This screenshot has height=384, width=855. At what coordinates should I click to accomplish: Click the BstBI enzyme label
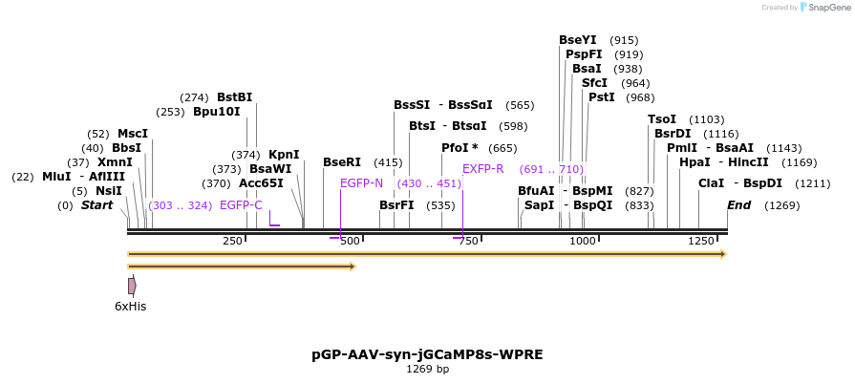coord(234,96)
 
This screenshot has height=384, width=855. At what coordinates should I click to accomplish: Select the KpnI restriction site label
coord(284,154)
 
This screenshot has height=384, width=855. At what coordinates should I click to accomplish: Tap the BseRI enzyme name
coord(342,162)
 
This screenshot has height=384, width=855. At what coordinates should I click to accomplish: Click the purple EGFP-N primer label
coord(361,182)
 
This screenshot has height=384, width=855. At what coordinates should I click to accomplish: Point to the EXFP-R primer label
coord(483,168)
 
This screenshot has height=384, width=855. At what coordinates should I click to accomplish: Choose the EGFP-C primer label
coord(241,204)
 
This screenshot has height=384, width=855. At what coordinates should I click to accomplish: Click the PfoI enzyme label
coord(460,148)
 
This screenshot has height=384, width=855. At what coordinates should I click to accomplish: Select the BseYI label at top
coord(577,39)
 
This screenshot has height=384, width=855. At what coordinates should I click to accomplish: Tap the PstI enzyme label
coord(601,96)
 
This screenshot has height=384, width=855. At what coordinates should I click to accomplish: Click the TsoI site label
coord(661,118)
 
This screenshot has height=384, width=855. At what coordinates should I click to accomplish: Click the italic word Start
coord(96,204)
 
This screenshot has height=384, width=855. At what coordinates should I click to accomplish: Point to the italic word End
coord(738,204)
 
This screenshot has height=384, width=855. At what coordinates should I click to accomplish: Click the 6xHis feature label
coord(130,306)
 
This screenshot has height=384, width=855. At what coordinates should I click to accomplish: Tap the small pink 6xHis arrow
coord(132,286)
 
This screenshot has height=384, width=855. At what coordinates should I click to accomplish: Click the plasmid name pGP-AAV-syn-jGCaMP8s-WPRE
coord(427,354)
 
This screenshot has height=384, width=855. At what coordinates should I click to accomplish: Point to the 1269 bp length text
coord(427,369)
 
